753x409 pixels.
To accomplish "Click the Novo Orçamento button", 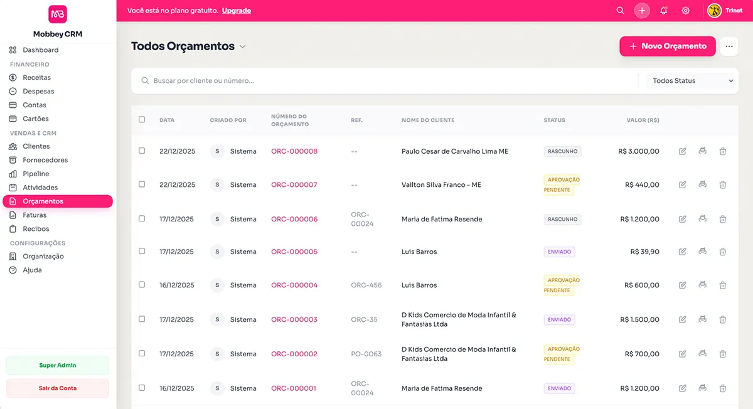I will pos(668,46).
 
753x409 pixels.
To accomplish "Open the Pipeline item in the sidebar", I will pos(36,174).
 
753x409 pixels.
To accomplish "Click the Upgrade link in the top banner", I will pos(237,11).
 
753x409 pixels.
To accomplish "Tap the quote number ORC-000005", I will pos(294,252).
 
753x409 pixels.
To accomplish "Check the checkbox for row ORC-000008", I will pos(142,151).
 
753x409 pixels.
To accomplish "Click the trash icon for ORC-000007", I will pos(723,184).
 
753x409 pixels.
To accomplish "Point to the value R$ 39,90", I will pos(644,252).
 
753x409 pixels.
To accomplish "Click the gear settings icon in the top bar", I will pos(686,11).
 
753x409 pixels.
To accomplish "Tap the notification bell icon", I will pos(664,11).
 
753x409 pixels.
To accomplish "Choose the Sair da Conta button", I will pos(58,388).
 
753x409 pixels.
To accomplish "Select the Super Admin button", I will pos(58,365).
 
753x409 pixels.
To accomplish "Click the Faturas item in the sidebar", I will pos(35,215).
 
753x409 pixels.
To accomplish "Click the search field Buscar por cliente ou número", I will pos(389,81).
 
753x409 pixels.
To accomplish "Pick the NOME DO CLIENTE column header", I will pos(428,120).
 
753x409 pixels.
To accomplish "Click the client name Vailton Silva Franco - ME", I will pos(441,185).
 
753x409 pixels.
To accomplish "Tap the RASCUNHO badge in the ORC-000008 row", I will pos(562,151).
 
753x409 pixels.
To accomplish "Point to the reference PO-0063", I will pos(366,354).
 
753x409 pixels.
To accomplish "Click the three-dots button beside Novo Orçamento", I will pos(729,46).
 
